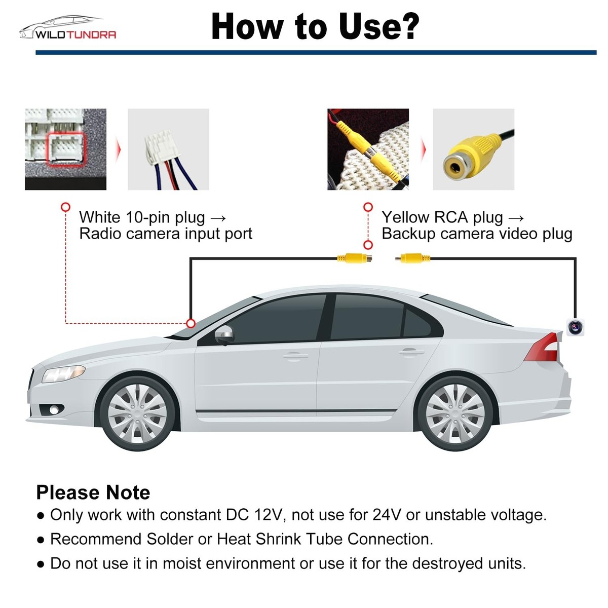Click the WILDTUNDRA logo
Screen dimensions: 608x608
68,29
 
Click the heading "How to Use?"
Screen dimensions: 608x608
315,26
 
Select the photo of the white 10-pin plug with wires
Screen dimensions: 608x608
168,149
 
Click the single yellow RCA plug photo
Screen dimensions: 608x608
473,149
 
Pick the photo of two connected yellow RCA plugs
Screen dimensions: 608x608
368,149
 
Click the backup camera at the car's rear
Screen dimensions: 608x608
575,327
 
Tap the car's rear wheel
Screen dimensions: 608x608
455,412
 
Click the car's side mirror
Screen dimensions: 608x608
224,334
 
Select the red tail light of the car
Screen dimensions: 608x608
543,348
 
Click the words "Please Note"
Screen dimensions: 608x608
93,492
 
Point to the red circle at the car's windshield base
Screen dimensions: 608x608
191,323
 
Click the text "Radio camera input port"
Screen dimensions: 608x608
166,234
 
